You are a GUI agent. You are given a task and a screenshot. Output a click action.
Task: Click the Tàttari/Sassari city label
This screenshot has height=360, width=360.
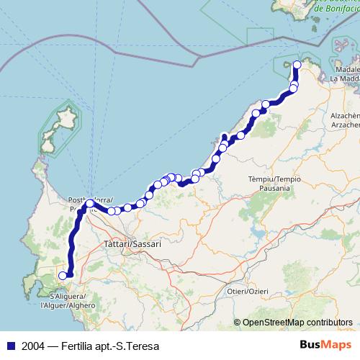[132, 244]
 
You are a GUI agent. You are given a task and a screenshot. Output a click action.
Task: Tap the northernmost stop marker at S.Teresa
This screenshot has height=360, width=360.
[297, 65]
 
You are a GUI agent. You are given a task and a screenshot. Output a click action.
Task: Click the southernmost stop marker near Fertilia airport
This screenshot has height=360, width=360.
[63, 274]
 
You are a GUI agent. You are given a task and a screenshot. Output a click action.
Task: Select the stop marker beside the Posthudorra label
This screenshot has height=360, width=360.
[89, 204]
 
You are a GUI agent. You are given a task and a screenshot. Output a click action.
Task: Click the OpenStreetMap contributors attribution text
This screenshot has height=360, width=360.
[297, 323]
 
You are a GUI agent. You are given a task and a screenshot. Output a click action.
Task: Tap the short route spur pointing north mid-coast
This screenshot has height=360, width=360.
[225, 138]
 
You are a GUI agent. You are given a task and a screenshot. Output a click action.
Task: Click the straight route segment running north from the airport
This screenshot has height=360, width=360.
[72, 245]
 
